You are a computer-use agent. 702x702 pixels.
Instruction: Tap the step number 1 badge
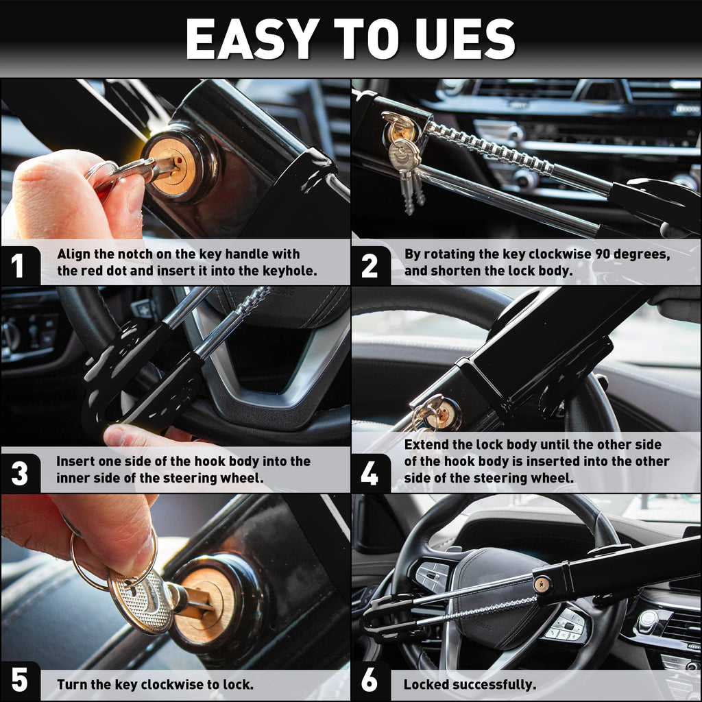click(17, 265)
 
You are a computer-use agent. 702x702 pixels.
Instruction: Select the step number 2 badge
click(369, 265)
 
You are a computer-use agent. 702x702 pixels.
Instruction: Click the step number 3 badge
click(19, 474)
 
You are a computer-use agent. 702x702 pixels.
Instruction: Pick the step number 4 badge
click(370, 474)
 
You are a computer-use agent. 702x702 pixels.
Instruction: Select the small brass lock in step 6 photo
click(542, 584)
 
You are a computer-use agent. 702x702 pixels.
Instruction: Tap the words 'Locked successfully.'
click(470, 684)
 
